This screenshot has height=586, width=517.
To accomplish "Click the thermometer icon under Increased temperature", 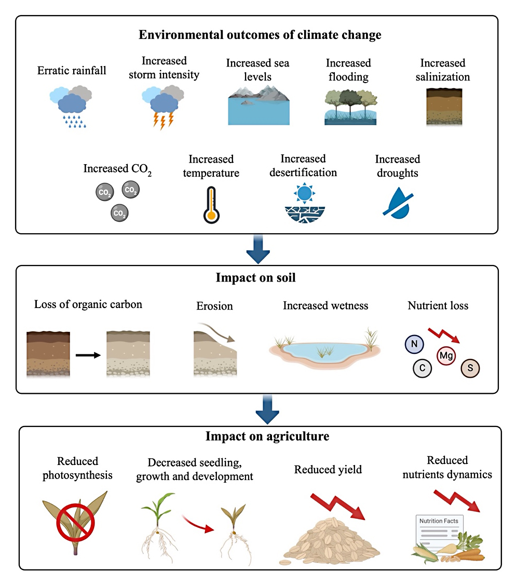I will [x=210, y=204].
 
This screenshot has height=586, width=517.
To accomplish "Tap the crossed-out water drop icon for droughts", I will [x=398, y=202].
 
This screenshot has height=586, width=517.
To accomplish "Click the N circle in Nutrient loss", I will [x=414, y=344].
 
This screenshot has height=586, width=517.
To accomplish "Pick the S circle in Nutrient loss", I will [x=470, y=368].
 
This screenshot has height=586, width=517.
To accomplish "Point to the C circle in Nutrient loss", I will [x=423, y=368].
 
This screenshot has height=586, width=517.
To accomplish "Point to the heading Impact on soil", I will [x=256, y=277].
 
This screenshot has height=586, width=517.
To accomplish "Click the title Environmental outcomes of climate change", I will [x=260, y=35].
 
